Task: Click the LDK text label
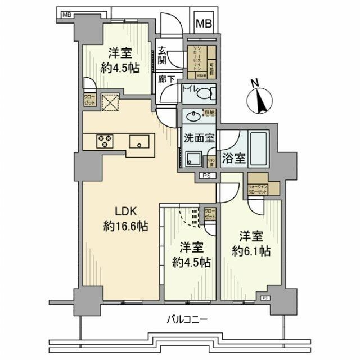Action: (125, 213)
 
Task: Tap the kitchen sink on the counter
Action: (138, 142)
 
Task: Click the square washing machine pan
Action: (195, 160)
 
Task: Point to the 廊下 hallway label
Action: (166, 80)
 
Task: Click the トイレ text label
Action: (187, 88)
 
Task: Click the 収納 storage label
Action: (209, 112)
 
